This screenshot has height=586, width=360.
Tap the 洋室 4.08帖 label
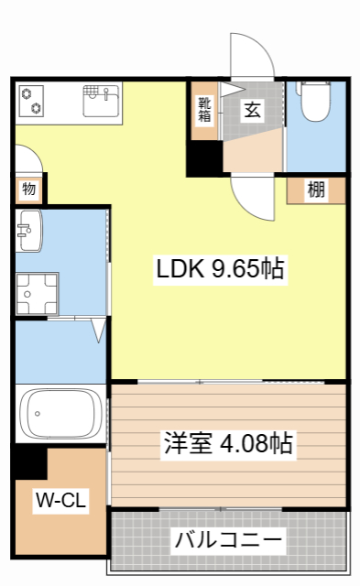(x=228, y=444)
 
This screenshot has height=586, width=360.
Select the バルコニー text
(x=228, y=538)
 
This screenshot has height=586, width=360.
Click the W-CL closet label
(x=60, y=500)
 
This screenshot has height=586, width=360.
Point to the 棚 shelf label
(x=316, y=190)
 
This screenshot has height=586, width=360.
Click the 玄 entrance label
(x=251, y=110)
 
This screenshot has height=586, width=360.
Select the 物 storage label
(x=29, y=190)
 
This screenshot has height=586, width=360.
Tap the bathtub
(x=60, y=414)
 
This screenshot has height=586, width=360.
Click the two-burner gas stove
(x=33, y=99)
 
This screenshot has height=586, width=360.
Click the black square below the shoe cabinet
(x=204, y=158)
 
